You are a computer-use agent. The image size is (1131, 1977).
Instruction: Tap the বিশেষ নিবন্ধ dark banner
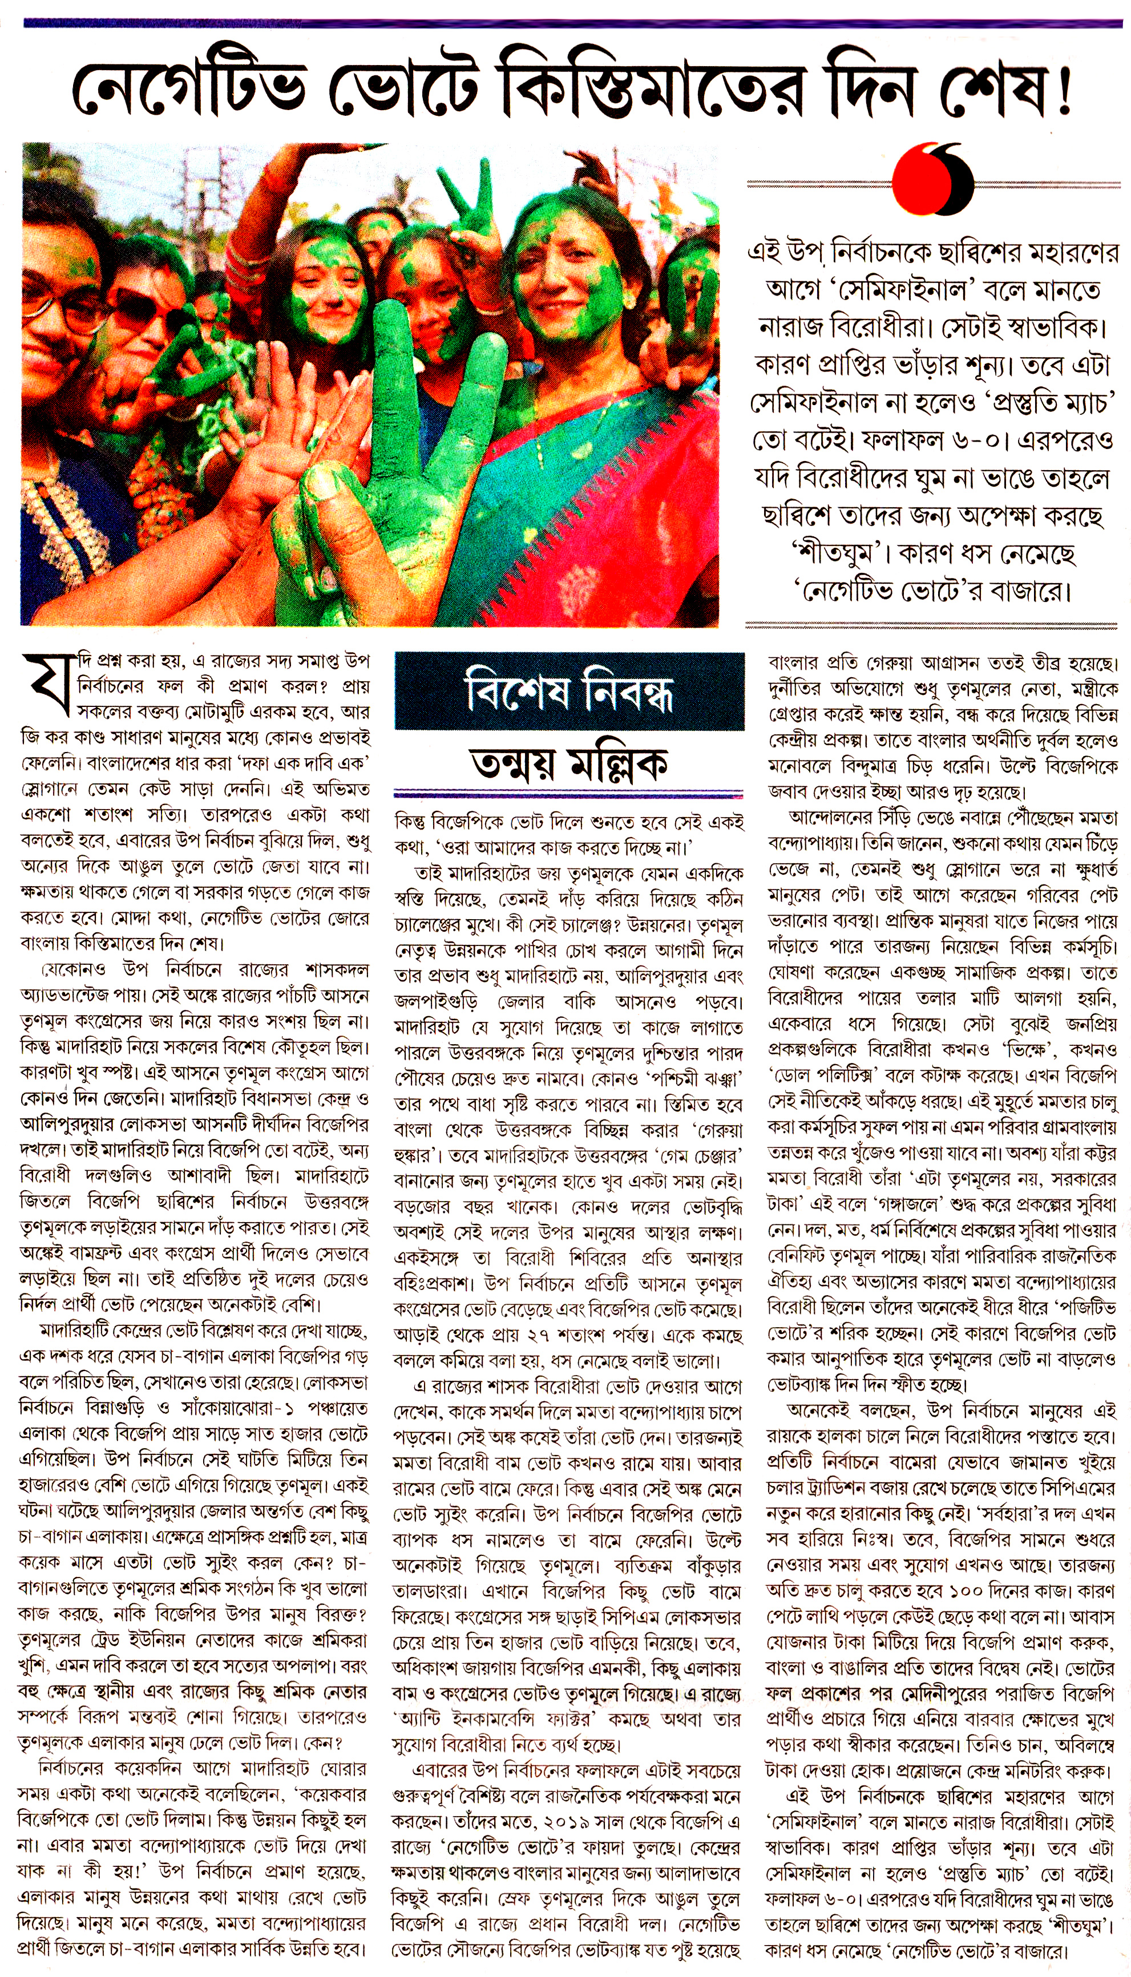click(x=569, y=690)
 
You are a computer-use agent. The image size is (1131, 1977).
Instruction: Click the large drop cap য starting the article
click(x=48, y=684)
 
